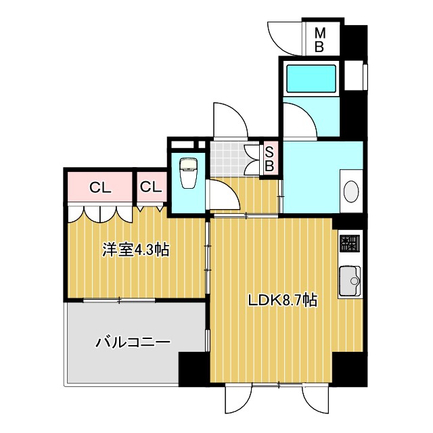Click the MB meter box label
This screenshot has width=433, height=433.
click(x=321, y=40)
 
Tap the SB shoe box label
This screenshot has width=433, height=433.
click(x=269, y=158)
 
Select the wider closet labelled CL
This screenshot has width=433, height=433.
click(x=100, y=187)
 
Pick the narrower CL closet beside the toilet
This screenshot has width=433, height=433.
click(x=151, y=187)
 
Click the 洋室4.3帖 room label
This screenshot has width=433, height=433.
click(x=135, y=250)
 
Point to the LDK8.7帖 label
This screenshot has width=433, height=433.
click(x=282, y=299)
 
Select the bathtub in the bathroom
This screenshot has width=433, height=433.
click(x=312, y=80)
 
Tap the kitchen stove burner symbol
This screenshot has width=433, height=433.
click(x=349, y=242)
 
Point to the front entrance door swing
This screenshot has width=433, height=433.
click(x=229, y=121)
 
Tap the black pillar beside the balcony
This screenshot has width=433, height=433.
click(x=193, y=369)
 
